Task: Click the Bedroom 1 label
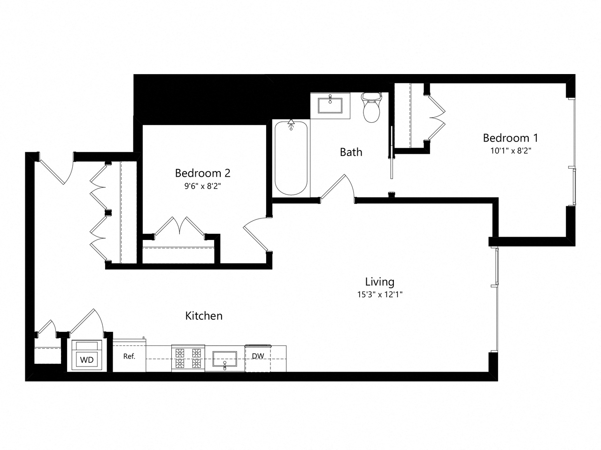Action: [x=510, y=138]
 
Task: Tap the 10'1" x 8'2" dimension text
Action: [x=510, y=151]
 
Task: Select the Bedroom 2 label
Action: [x=202, y=173]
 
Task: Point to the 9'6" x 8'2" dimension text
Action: [x=202, y=186]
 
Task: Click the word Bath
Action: [x=351, y=152]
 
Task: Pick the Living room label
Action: [x=379, y=282]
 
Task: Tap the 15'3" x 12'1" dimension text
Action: [x=379, y=294]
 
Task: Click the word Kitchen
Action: [x=204, y=316]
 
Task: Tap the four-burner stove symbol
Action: [x=188, y=358]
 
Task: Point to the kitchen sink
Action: [x=225, y=359]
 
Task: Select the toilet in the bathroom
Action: [x=371, y=107]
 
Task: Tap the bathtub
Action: [x=291, y=158]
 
